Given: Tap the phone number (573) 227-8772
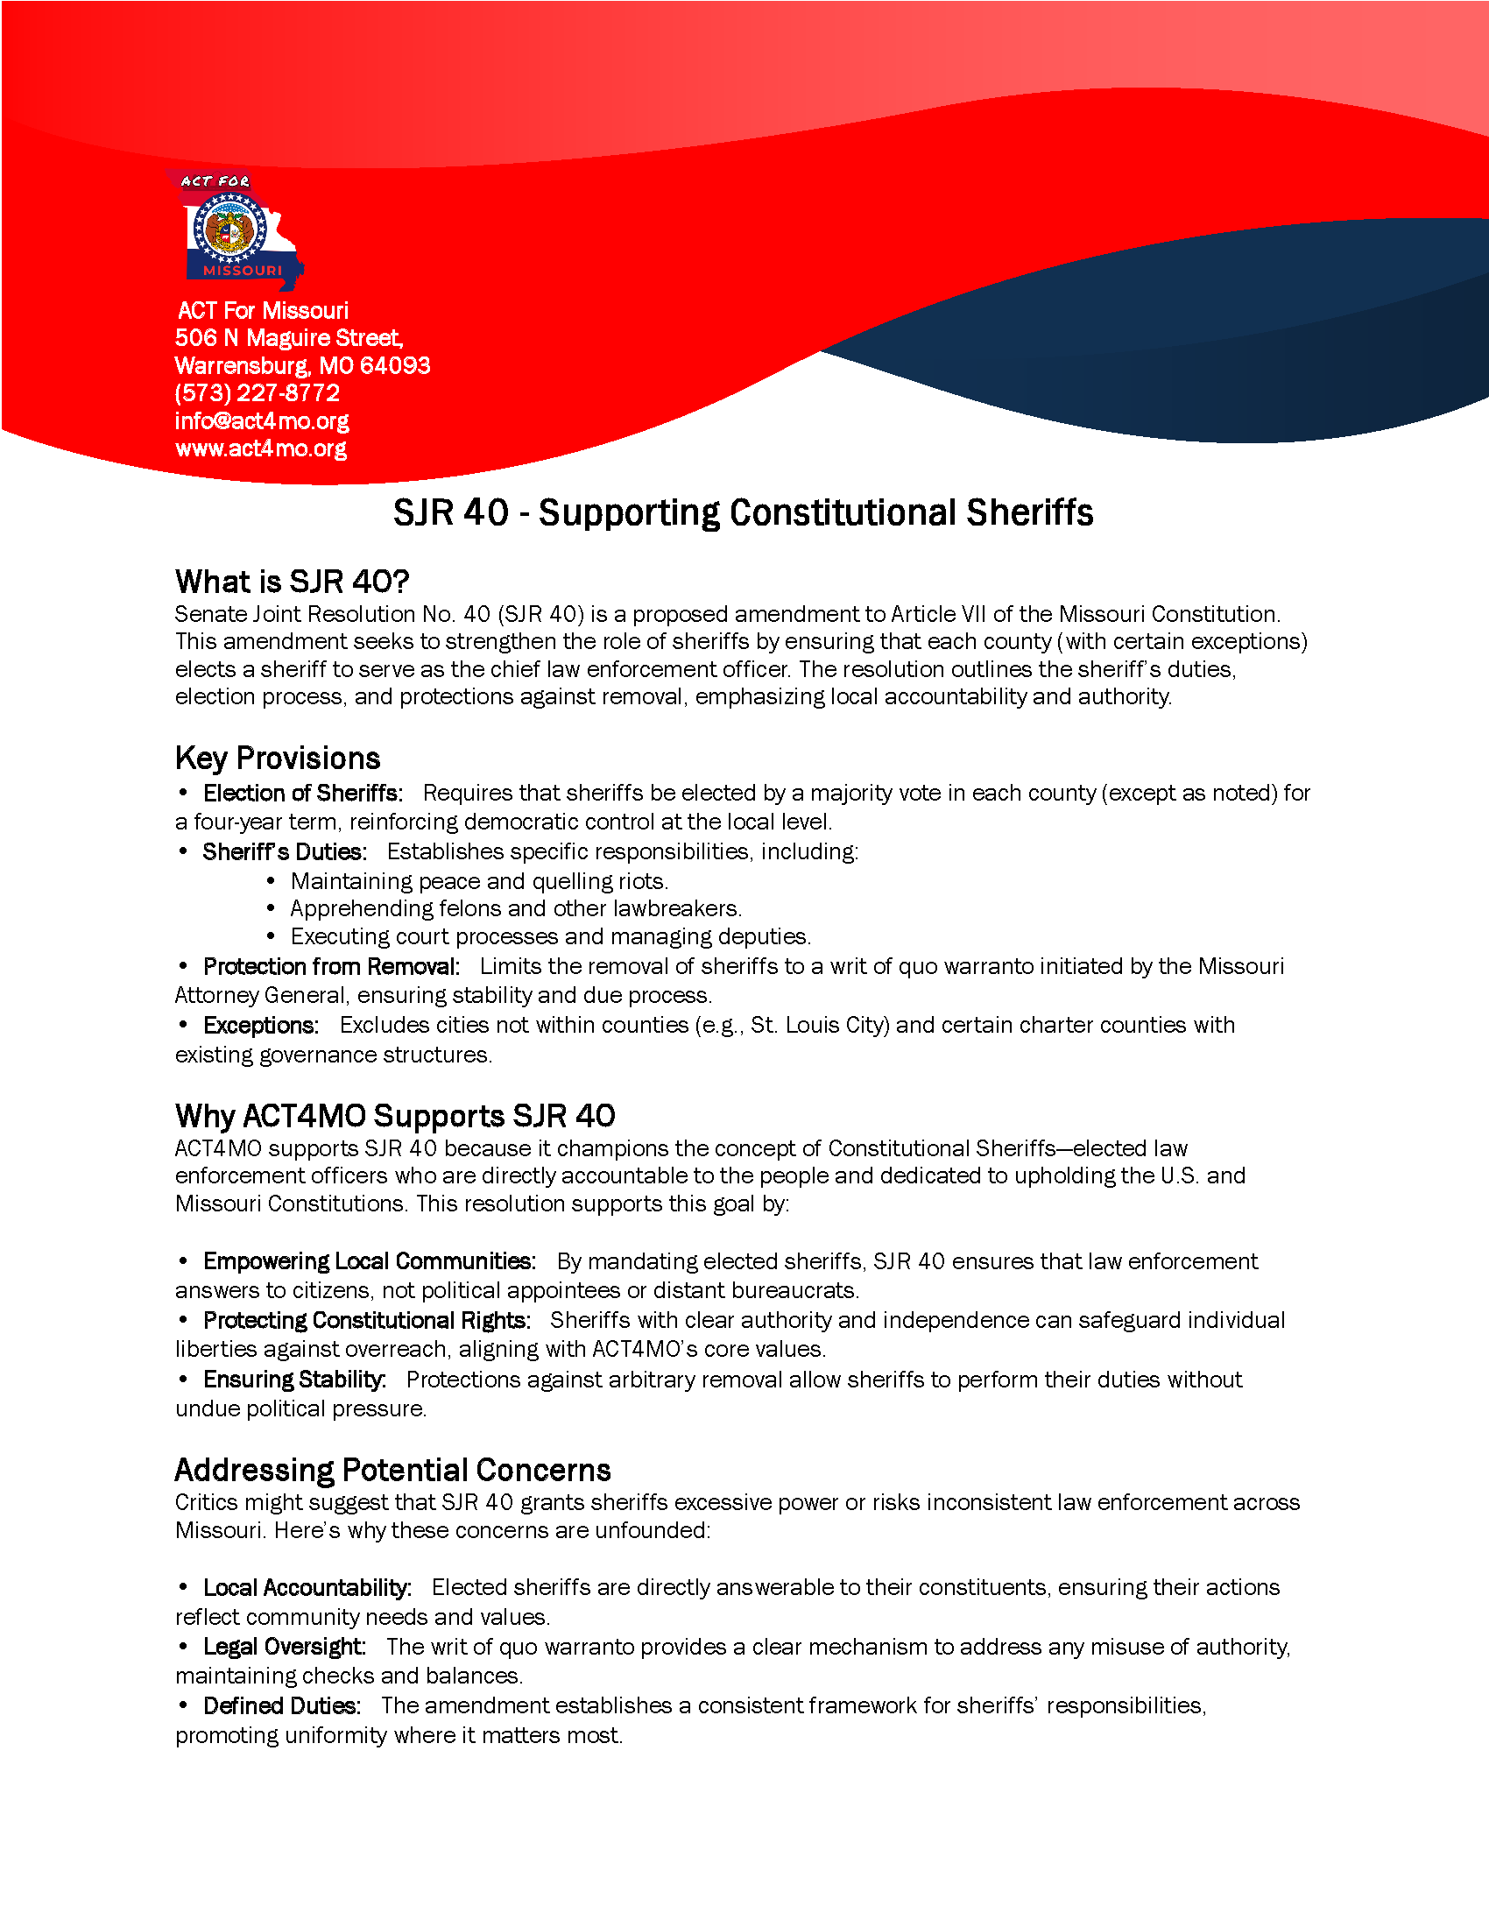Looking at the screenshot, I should pyautogui.click(x=257, y=392).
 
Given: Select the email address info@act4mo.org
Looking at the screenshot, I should pyautogui.click(x=261, y=420).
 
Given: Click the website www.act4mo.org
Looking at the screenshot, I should pyautogui.click(x=260, y=448).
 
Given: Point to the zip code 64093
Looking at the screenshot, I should pyautogui.click(x=394, y=365).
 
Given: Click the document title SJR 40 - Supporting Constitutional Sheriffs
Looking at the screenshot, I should pyautogui.click(x=743, y=512).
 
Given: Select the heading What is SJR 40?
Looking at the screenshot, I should pyautogui.click(x=292, y=582).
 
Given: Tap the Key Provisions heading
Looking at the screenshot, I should pyautogui.click(x=277, y=758).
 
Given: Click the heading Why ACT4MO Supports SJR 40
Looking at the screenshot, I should pyautogui.click(x=394, y=1115).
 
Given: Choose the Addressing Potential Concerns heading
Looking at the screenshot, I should pyautogui.click(x=392, y=1470).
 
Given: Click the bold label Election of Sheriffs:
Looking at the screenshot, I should pyautogui.click(x=302, y=794).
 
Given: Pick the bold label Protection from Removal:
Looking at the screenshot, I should pyautogui.click(x=331, y=966).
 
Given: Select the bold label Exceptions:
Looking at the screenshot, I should pyautogui.click(x=260, y=1026).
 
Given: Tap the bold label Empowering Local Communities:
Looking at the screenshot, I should pyautogui.click(x=369, y=1260).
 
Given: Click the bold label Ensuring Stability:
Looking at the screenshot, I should pyautogui.click(x=293, y=1379).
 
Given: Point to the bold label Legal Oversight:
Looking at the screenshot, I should pyautogui.click(x=283, y=1647).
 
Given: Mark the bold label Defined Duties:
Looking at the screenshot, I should pyautogui.click(x=281, y=1705).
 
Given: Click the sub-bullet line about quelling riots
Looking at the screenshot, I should pyautogui.click(x=479, y=880).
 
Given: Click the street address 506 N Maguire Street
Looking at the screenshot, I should pyautogui.click(x=288, y=338).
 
